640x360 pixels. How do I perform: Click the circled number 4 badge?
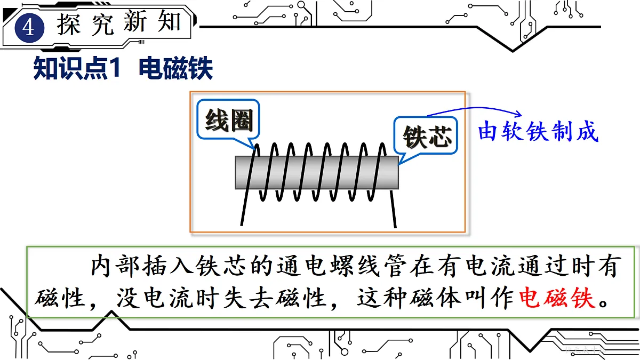pyautogui.click(x=29, y=28)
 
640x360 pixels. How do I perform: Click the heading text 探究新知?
pyautogui.click(x=119, y=22)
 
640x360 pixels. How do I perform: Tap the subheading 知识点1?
pyautogui.click(x=77, y=68)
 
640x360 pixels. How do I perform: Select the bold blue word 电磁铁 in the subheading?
pyautogui.click(x=175, y=68)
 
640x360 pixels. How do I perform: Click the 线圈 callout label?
pyautogui.click(x=229, y=121)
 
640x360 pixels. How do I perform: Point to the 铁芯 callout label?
pyautogui.click(x=427, y=137)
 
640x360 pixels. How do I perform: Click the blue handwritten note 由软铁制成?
pyautogui.click(x=538, y=131)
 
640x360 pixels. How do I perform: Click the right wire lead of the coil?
pyautogui.click(x=393, y=209)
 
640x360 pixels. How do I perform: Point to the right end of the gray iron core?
pyautogui.click(x=398, y=172)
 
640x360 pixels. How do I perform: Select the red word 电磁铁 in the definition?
pyautogui.click(x=557, y=298)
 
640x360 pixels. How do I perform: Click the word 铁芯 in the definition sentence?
pyautogui.click(x=221, y=266)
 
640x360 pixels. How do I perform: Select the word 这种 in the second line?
pyautogui.click(x=382, y=298)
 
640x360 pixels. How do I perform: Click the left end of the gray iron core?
pyautogui.click(x=236, y=172)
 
